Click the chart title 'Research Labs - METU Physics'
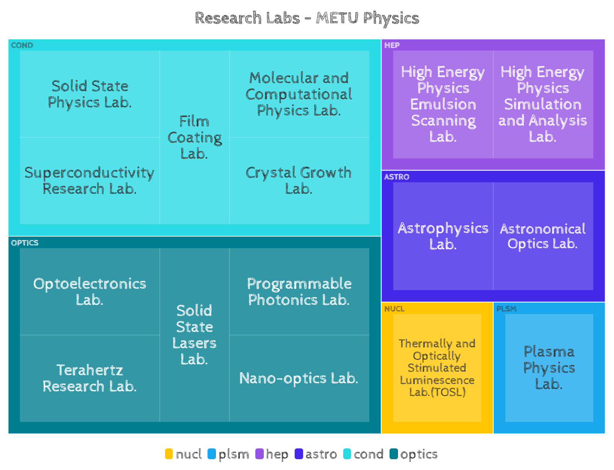307,18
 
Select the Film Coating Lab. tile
194,137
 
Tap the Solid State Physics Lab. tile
89,94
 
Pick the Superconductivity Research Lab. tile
89,181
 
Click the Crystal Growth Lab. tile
299,181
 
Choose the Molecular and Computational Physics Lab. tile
299,94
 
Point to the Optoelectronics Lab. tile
89,291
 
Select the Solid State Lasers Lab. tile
194,335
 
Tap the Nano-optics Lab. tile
299,378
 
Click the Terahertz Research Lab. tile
89,378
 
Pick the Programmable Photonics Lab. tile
299,291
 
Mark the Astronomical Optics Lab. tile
543,236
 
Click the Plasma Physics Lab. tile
549,367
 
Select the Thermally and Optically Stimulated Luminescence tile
437,367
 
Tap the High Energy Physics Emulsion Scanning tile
443,104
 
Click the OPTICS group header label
25,243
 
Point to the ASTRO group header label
396,177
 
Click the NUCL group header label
394,309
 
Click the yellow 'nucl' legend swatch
169,454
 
